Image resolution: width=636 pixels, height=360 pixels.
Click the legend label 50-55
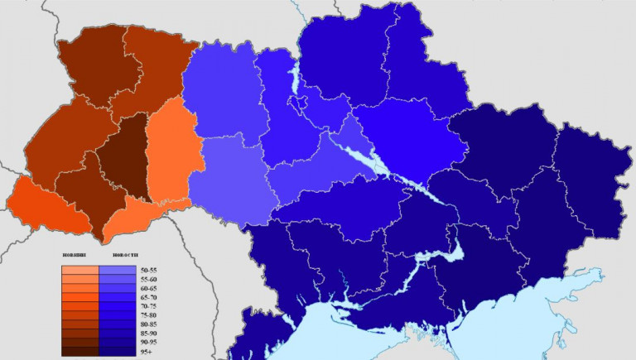150,271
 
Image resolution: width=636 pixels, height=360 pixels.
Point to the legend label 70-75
150,306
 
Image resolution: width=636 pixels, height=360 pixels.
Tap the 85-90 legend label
150,333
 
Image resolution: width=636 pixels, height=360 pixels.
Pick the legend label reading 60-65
150,289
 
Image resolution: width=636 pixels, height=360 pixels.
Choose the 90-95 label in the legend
150,342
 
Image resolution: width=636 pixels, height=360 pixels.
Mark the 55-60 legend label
150,280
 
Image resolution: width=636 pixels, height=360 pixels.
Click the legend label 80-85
150,324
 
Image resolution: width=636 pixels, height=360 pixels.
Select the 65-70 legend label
150,297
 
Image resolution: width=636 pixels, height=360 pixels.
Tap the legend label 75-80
150,315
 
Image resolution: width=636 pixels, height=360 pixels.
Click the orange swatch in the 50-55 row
80,271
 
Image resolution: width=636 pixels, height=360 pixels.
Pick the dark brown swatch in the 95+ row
80,351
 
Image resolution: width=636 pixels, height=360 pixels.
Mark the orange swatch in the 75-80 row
80,315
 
